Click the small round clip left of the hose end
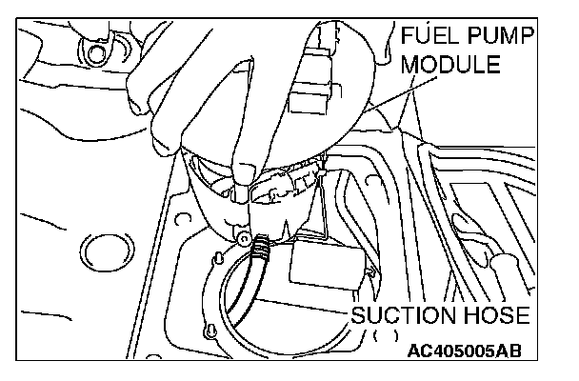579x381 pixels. (x=244, y=236)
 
